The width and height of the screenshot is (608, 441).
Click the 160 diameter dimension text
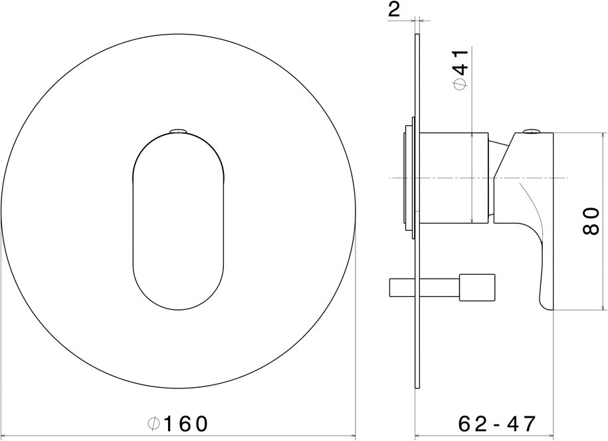coord(178,424)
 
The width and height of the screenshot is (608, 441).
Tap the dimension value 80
coord(591,221)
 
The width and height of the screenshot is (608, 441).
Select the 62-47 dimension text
coord(497,424)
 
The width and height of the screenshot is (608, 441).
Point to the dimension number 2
coord(393,10)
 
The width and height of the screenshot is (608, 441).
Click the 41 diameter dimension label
coord(460,69)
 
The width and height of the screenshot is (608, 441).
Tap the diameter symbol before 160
coord(154,424)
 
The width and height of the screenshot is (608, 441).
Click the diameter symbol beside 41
coord(460,84)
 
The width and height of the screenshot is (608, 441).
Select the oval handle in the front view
coord(178,221)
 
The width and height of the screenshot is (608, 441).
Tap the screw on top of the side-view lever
coord(532,131)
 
